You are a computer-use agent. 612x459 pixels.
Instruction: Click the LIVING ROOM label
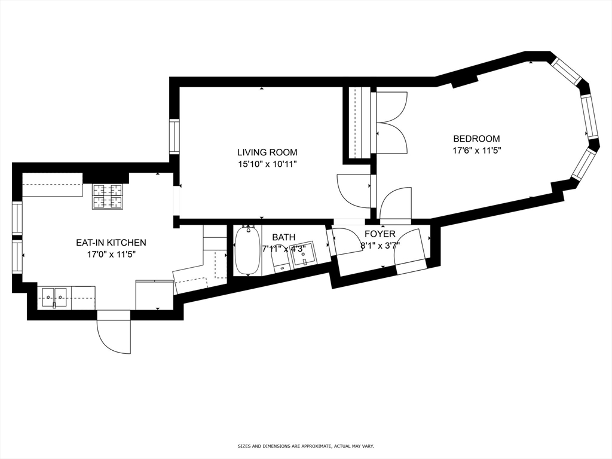tap(267, 152)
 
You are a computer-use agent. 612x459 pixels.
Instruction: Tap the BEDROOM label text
tap(476, 139)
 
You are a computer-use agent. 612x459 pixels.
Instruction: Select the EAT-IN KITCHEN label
tap(111, 243)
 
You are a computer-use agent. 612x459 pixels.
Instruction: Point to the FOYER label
tap(380, 234)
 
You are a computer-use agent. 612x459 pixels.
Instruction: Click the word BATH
tap(283, 237)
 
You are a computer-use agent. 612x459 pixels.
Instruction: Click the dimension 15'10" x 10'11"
tap(267, 164)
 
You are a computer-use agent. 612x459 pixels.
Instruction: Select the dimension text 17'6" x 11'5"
tap(476, 151)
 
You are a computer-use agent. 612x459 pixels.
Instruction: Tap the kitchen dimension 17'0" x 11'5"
tap(111, 254)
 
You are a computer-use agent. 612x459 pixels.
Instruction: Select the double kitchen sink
tap(54, 295)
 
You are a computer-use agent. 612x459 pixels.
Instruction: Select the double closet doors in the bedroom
tap(391, 122)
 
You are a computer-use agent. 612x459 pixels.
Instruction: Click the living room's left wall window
tap(174, 137)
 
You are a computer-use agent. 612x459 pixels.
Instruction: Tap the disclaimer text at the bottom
tap(305, 446)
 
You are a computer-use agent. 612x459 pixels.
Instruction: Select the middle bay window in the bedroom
tap(589, 117)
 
